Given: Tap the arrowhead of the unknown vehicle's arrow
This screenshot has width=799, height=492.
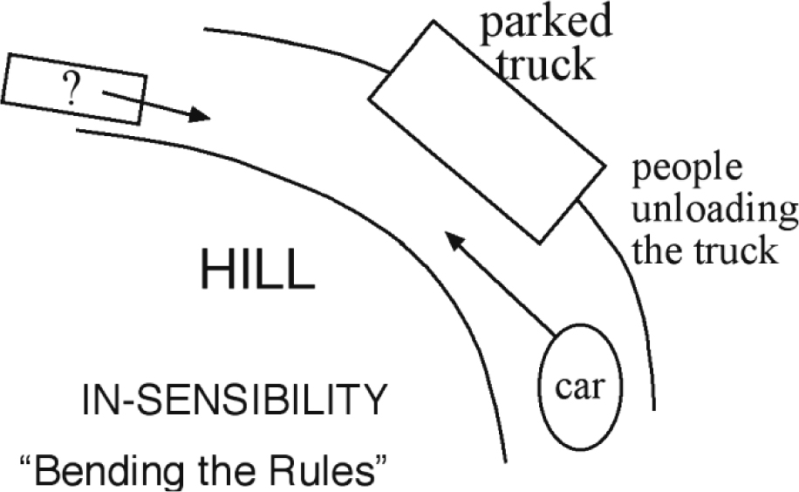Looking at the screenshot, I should [201, 115].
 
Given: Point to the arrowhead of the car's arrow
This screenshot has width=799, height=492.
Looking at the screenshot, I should [453, 236].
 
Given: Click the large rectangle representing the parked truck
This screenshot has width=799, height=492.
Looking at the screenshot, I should [487, 131].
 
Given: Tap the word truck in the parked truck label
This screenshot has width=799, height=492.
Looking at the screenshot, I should [546, 64].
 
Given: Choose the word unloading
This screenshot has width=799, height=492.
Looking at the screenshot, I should [714, 210].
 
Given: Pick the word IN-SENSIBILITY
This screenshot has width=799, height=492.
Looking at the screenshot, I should [233, 402].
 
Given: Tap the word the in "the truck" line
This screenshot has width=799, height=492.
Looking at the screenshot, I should [655, 251].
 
